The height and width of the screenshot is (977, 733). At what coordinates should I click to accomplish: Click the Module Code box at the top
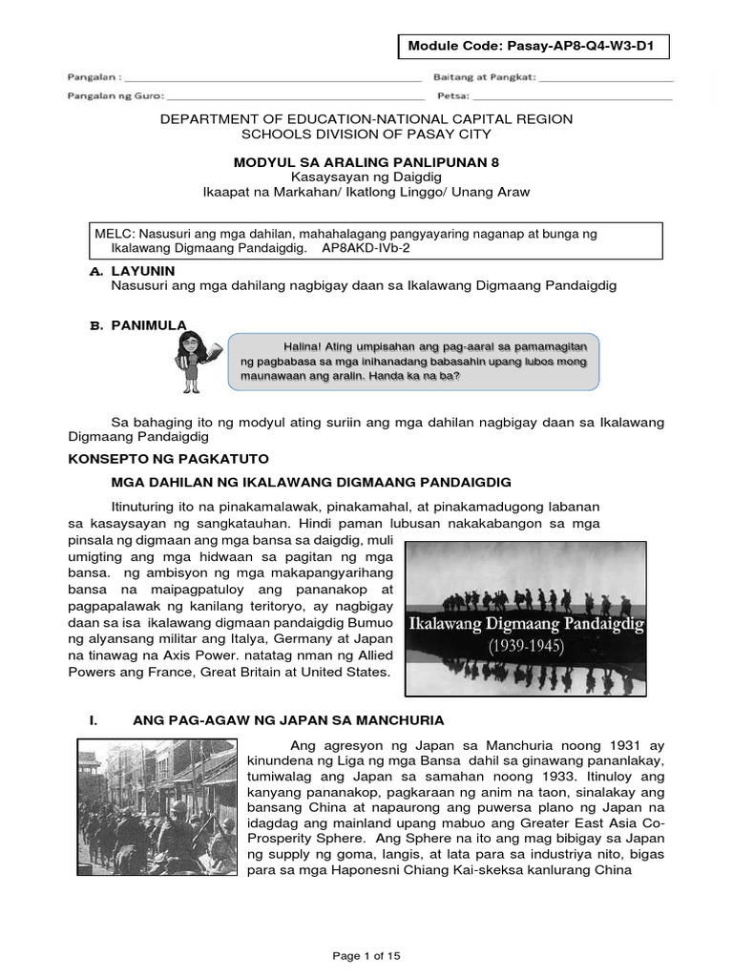pos(533,46)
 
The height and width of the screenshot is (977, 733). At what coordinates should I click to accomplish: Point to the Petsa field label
pos(451,95)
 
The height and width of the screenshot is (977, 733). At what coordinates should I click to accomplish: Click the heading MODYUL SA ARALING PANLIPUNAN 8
pos(366,162)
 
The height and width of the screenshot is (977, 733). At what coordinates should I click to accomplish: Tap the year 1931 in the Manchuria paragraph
pos(576,743)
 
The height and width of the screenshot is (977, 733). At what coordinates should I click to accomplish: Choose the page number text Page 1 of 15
pos(366,955)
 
